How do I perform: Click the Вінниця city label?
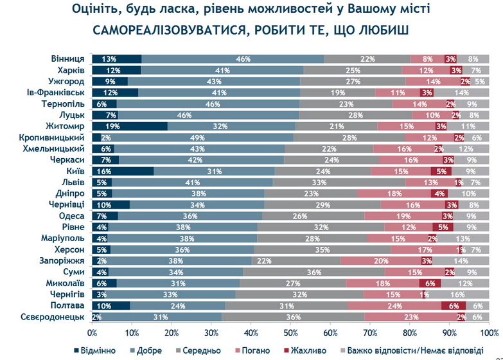click(x=69, y=59)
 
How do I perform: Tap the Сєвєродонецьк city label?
click(x=58, y=316)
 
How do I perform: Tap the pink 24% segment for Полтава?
click(x=394, y=305)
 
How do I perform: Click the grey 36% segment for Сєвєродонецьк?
click(x=293, y=316)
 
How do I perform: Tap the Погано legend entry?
click(x=248, y=350)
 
